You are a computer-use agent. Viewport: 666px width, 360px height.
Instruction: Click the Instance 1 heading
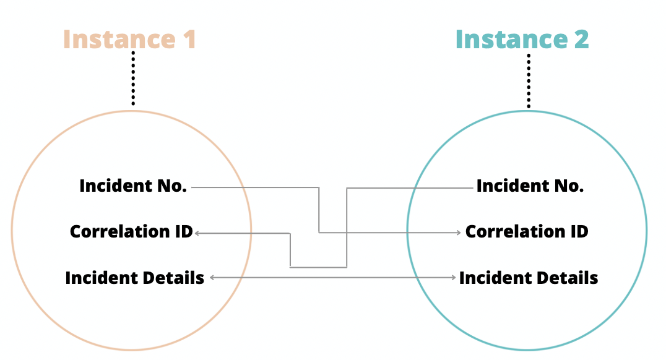129,39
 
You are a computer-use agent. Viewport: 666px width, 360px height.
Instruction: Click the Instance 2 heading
522,39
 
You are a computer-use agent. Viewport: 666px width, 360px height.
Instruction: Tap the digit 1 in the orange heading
188,39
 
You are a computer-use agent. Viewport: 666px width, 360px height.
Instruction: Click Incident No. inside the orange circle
133,186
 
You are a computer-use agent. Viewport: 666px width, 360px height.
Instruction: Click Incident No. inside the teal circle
530,186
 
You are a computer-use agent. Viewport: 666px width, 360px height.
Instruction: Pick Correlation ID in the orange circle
131,232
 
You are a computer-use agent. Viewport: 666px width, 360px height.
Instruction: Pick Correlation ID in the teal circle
527,232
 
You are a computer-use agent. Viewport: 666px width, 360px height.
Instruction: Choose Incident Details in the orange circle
134,278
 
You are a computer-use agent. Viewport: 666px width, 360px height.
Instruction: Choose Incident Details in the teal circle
529,278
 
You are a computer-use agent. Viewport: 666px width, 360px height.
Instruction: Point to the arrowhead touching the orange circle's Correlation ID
197,233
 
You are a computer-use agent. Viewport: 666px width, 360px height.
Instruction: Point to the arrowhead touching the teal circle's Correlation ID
458,233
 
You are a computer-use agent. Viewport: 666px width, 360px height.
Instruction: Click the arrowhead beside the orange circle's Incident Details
212,278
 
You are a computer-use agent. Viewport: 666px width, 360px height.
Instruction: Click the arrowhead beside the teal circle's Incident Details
454,278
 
